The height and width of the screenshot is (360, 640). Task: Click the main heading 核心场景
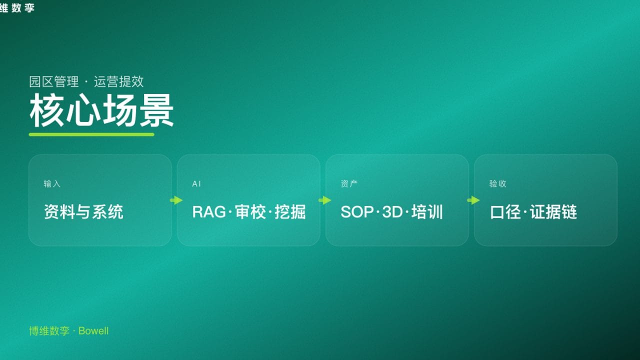(x=101, y=110)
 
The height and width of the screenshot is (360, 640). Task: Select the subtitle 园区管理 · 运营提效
(x=86, y=81)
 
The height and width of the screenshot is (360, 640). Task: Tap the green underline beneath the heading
(x=91, y=134)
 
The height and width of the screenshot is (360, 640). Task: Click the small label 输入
(x=52, y=184)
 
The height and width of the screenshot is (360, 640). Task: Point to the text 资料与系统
(x=83, y=212)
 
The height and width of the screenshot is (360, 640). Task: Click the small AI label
(x=196, y=184)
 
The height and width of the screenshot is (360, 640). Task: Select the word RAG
(x=209, y=212)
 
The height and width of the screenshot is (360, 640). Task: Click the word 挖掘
(x=290, y=212)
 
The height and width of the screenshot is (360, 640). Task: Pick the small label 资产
(x=349, y=184)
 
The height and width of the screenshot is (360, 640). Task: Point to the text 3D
(x=392, y=212)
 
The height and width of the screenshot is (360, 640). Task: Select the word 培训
(x=427, y=212)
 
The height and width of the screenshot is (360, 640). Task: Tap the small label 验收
(x=497, y=184)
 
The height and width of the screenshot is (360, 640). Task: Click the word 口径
(x=505, y=212)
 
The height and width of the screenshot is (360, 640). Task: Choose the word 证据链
(x=553, y=212)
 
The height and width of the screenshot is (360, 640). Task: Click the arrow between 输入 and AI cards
(x=176, y=200)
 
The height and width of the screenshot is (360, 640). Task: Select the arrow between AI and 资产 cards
(x=324, y=200)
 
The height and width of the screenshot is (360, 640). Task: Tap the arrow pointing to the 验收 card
(x=473, y=200)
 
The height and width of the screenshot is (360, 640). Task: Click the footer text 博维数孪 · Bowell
(x=69, y=331)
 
